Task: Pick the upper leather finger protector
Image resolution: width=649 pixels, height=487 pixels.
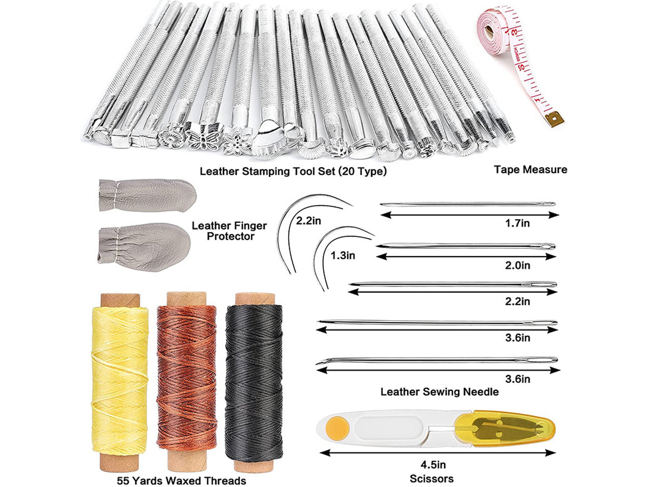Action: (147, 195)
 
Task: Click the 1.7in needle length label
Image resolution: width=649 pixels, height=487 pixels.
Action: (517, 223)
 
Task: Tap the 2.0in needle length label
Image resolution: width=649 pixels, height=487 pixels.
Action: (517, 266)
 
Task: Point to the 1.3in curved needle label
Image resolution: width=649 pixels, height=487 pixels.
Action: (343, 255)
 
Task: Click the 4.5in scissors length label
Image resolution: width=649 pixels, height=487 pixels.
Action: (433, 464)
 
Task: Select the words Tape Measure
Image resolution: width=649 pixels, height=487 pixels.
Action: (531, 169)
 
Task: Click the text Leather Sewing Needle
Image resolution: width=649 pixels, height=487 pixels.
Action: (439, 392)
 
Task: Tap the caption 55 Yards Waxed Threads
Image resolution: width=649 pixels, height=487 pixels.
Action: (181, 481)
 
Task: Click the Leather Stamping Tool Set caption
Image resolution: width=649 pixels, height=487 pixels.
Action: (293, 171)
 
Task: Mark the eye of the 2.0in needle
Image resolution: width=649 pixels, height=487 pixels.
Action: (547, 246)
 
